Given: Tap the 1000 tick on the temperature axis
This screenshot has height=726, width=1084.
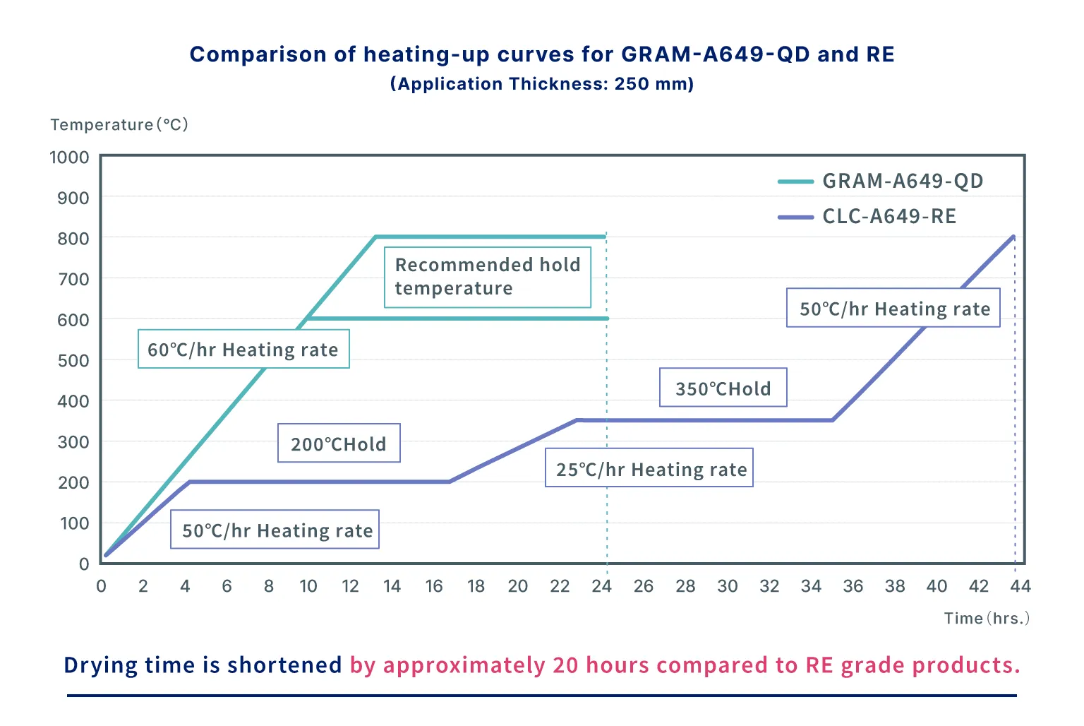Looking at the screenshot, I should point(69,157).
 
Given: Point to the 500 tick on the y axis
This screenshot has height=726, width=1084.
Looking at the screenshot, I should point(73,361).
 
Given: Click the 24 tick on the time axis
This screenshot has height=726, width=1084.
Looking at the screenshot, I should point(601,586).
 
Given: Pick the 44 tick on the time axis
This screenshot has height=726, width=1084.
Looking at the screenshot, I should point(1020,586).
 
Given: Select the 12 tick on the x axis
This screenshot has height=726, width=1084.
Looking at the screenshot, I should point(350,586).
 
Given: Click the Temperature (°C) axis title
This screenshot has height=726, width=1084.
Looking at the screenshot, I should point(119,125).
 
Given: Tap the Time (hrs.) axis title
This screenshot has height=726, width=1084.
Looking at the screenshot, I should point(987,619).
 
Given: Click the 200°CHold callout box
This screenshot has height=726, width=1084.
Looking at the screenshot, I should point(339,444).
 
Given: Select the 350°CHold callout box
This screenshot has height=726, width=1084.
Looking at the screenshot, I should point(723,388).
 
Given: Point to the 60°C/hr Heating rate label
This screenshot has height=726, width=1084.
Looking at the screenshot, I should point(243,349).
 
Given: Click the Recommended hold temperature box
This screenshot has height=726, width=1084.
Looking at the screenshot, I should point(487,277).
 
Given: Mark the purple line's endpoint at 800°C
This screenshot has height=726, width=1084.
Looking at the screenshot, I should point(1013,237).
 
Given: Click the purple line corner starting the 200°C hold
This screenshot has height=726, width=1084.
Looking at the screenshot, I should point(189,482).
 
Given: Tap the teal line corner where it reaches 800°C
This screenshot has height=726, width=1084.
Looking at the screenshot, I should point(376,237).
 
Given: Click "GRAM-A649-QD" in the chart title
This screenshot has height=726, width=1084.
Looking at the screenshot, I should point(715,54).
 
